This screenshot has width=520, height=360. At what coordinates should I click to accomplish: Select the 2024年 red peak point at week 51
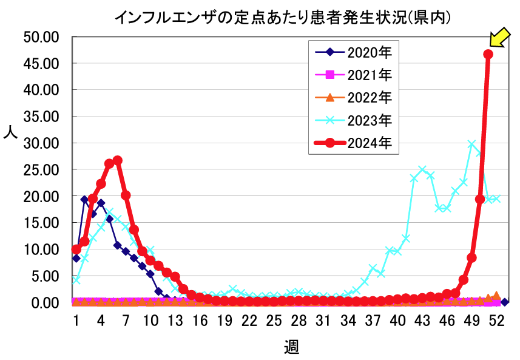(x=488, y=54)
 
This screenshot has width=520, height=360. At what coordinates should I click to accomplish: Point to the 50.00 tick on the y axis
(x=40, y=37)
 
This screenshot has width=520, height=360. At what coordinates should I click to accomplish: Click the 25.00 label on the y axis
(x=40, y=170)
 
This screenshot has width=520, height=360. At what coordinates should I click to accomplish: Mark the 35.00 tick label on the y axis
(x=40, y=117)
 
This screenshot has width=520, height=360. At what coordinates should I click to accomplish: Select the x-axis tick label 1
(x=76, y=321)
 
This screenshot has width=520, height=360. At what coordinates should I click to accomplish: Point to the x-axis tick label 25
(x=274, y=321)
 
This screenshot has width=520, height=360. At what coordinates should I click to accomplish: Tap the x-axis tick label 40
(x=397, y=321)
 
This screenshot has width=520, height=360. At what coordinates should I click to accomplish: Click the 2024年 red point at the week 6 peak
(x=117, y=160)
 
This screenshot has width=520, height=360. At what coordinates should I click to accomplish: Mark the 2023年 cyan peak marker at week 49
(x=471, y=144)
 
